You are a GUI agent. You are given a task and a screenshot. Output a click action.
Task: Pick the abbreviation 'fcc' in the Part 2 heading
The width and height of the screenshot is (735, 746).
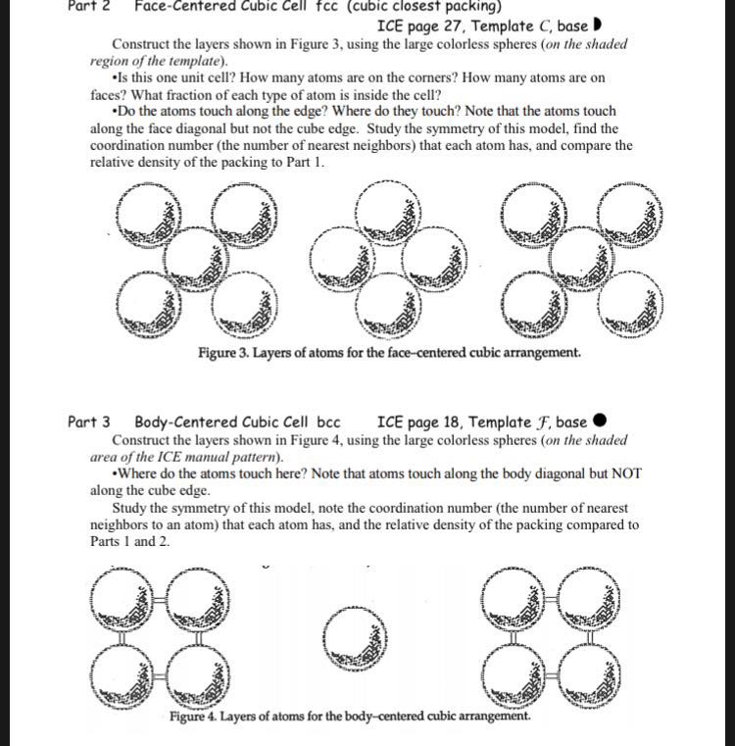(317, 6)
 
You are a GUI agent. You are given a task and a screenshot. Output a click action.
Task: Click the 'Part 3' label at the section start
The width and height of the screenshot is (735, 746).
(88, 423)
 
